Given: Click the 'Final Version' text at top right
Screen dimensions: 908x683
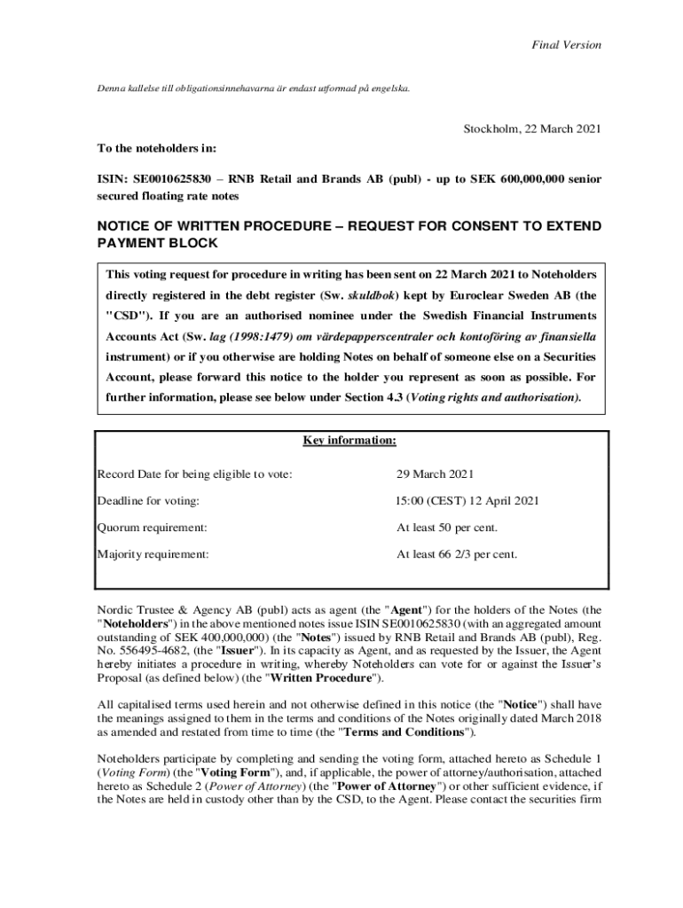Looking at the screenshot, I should (566, 44).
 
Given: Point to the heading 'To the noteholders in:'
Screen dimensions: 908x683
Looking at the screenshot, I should (157, 147).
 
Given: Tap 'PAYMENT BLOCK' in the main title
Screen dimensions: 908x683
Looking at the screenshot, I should (157, 243).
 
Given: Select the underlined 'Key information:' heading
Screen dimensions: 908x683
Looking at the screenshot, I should (349, 441).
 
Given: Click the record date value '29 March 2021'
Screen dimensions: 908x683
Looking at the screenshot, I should (436, 474).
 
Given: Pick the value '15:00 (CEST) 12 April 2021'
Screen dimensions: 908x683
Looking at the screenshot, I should (467, 501).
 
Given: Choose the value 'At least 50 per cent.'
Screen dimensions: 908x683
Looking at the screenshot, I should (447, 528).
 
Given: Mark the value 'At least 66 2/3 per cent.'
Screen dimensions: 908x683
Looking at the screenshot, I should (457, 554).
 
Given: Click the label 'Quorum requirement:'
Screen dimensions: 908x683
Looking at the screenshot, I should (153, 528).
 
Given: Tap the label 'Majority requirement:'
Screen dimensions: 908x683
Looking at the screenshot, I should (153, 554).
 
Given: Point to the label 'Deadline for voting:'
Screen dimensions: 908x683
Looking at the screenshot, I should (148, 501).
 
